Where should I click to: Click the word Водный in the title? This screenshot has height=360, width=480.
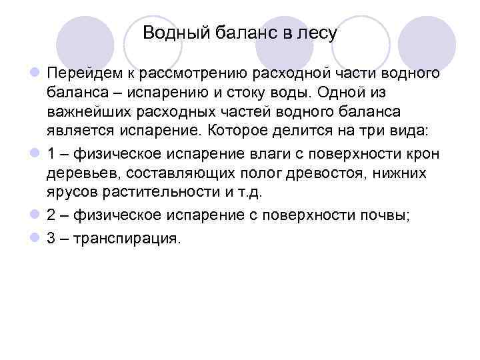[x=168, y=33]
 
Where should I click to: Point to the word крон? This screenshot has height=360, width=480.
[x=425, y=155]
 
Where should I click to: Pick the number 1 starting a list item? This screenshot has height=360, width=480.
[x=51, y=155]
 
